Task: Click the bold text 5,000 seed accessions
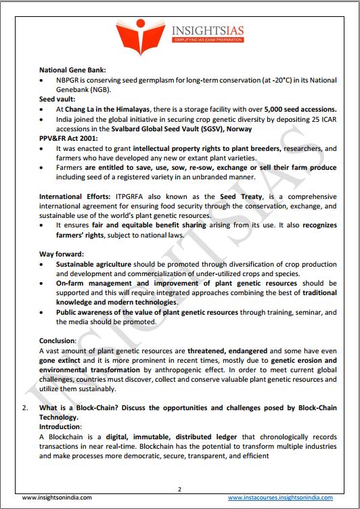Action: click(x=298, y=108)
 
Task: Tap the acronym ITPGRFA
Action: click(x=133, y=196)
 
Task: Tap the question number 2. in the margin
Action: click(x=25, y=409)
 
